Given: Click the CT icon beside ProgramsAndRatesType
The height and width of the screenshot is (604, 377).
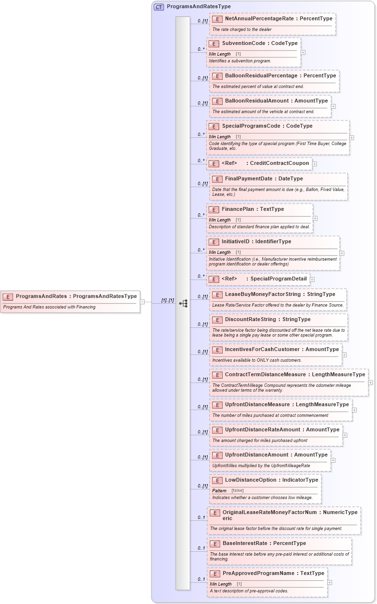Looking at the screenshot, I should (x=159, y=7).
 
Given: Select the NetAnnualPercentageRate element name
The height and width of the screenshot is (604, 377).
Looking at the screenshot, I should (x=259, y=19).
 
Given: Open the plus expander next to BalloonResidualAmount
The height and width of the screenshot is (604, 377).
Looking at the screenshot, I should (x=333, y=106).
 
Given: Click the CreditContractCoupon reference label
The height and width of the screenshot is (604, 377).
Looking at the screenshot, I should (x=279, y=163).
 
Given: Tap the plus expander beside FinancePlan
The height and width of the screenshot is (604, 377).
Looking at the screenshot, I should (x=316, y=219).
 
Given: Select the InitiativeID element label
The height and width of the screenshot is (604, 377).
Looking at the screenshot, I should (x=239, y=242).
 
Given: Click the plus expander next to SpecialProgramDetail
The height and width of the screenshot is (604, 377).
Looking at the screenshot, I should (x=312, y=279).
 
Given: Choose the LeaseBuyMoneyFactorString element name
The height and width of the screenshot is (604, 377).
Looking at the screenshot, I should (x=259, y=295).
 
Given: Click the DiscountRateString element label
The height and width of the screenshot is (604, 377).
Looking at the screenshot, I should (x=254, y=320).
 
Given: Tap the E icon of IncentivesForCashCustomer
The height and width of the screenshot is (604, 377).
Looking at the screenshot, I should (x=216, y=350).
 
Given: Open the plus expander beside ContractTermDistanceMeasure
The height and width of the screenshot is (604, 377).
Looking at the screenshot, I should (x=371, y=382).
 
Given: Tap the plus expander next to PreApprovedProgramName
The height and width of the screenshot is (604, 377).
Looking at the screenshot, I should (x=330, y=582).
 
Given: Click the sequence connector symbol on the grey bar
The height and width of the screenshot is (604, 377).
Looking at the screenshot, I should (x=183, y=304).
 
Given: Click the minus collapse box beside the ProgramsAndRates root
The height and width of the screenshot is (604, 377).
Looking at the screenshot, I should (x=142, y=302).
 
